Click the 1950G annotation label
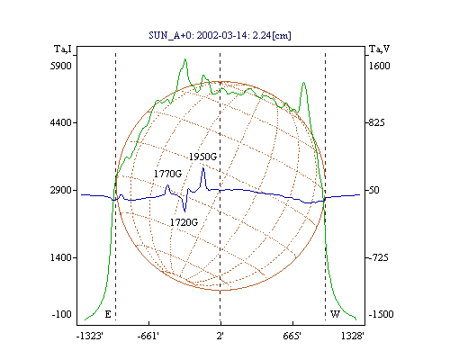[202, 157]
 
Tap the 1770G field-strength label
[167, 174]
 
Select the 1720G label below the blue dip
[184, 222]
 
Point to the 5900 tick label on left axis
[61, 66]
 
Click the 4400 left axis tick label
[61, 122]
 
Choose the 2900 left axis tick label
[61, 190]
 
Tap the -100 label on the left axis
[62, 314]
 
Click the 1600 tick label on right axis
[379, 66]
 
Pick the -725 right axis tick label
[379, 257]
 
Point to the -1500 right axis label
[381, 314]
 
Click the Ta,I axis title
[63, 49]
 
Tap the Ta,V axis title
[379, 49]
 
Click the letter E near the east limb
[108, 314]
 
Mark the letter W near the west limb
[335, 314]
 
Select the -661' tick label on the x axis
[148, 336]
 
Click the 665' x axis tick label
[292, 336]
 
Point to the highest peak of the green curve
[185, 59]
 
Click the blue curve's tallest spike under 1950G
[203, 168]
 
